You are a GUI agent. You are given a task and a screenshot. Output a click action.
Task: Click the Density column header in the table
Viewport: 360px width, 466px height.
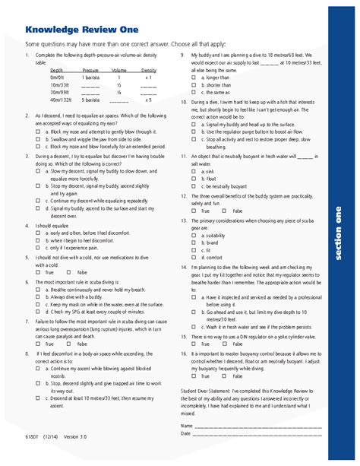148,69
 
